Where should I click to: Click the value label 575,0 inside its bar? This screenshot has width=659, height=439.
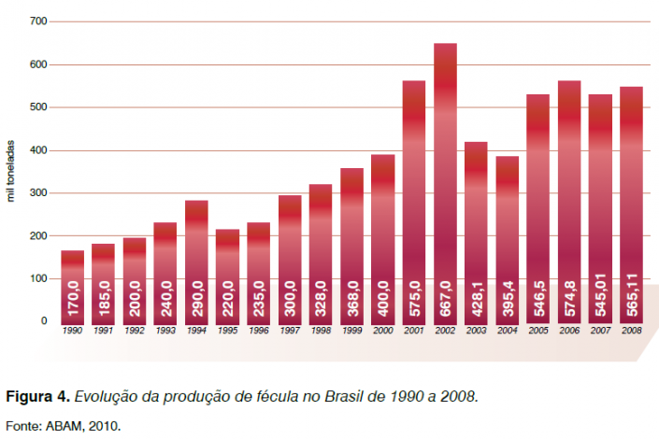[x=415, y=298]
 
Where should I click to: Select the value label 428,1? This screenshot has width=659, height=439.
[x=477, y=298]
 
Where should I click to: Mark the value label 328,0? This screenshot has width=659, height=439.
[x=321, y=298]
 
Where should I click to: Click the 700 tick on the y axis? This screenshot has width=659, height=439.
[x=39, y=21]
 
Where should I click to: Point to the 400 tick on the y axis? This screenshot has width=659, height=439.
[x=39, y=150]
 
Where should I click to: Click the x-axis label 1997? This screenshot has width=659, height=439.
[x=290, y=332]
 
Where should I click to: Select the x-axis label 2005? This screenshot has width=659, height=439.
[x=537, y=332]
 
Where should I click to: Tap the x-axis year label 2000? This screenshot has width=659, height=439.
[x=383, y=332]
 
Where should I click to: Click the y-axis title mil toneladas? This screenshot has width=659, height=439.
[x=12, y=171]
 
